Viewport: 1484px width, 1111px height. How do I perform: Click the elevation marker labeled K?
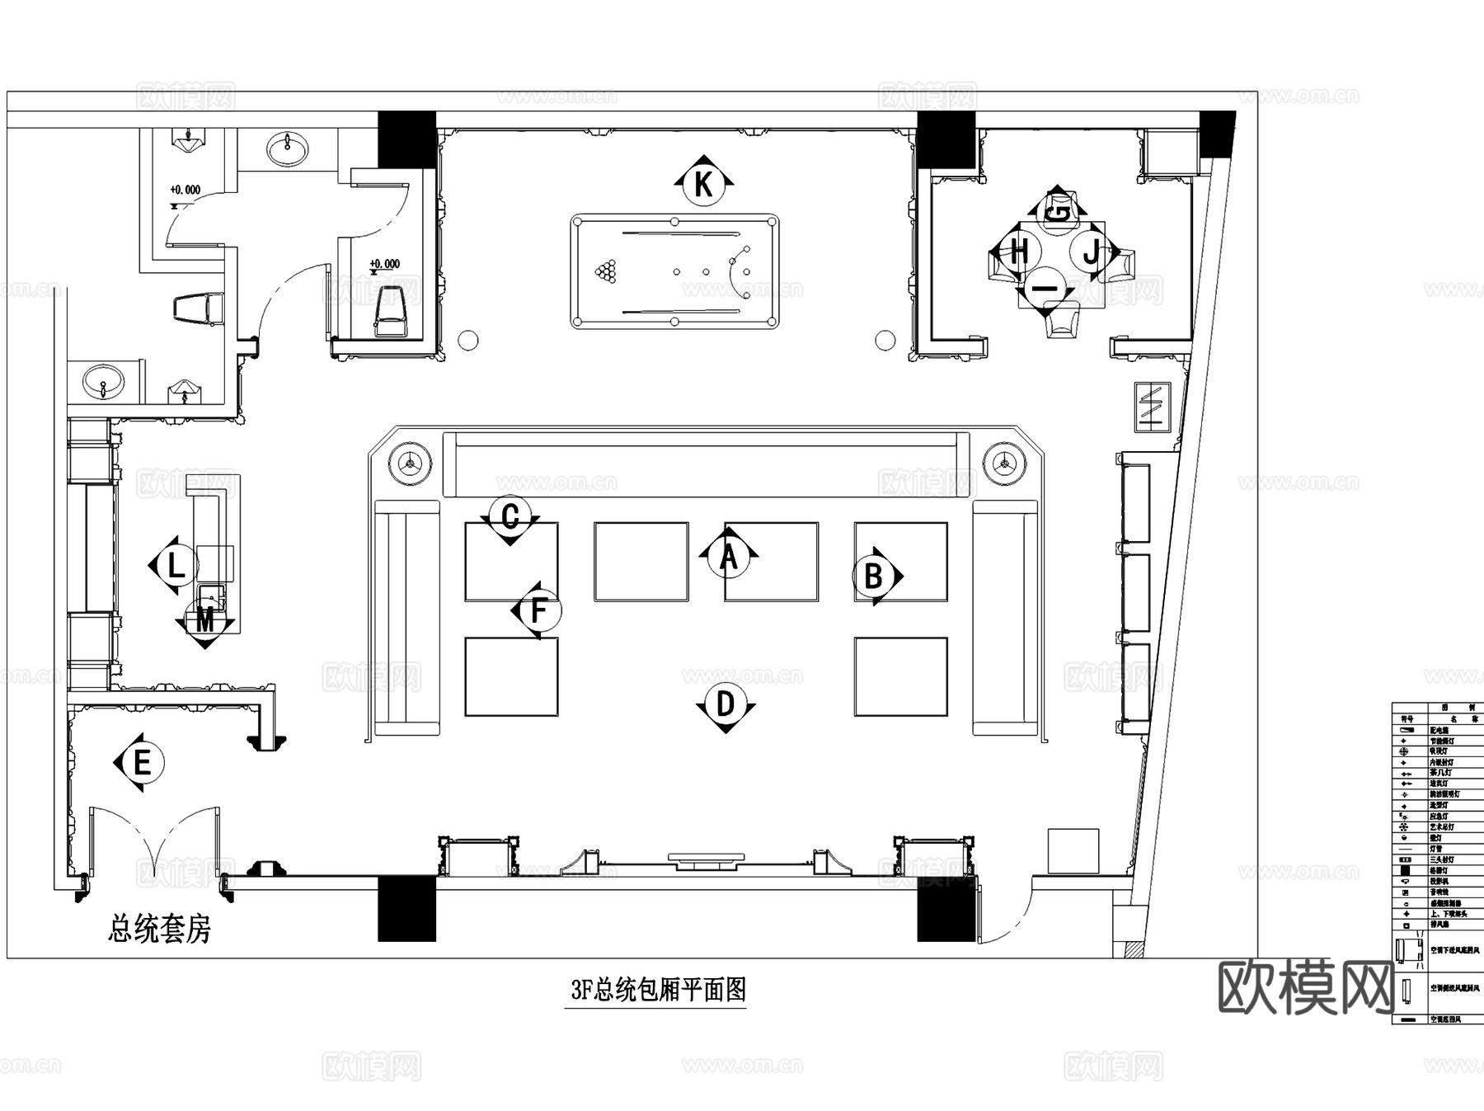pos(703,183)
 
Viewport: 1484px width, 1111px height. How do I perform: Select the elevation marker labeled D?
pos(725,705)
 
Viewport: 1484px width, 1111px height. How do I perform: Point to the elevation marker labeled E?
pos(142,763)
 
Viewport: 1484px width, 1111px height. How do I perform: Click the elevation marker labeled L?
pos(176,566)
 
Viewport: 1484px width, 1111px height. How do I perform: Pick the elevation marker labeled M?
pos(205,620)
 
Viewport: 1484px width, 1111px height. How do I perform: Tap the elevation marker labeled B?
pos(874,576)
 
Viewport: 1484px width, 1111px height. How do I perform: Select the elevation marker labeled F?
pos(538,611)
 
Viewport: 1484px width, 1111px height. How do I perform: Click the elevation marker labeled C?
pos(510,517)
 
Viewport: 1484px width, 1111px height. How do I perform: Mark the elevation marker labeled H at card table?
pos(1019,251)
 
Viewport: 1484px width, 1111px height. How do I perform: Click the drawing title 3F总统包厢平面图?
pos(658,990)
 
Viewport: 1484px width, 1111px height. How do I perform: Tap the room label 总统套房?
pos(159,930)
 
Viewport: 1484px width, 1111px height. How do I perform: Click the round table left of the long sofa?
pos(410,464)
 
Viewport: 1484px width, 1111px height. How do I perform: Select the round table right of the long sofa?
pos(1003,464)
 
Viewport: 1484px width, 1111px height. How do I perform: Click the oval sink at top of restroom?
pos(288,150)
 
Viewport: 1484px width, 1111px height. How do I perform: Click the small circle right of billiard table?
pos(885,340)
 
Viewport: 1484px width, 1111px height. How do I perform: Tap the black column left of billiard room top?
pos(406,138)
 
